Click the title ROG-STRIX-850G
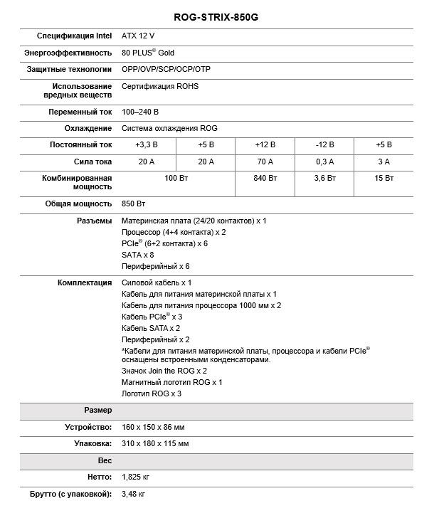[216, 16]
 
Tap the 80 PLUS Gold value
[148, 53]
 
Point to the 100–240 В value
[140, 112]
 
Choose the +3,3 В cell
[147, 144]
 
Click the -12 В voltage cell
[324, 144]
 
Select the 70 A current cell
[265, 162]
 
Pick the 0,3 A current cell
[324, 162]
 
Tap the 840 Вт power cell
[265, 178]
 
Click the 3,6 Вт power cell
[324, 178]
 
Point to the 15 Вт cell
[384, 178]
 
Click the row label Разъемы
[94, 221]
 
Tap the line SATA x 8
[138, 255]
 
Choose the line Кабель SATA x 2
[151, 328]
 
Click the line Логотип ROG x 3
[152, 393]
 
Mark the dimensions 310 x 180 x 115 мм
[155, 443]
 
